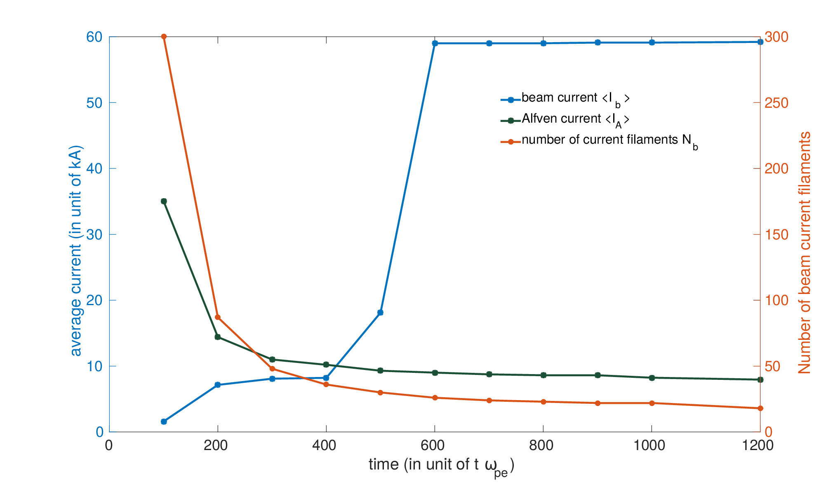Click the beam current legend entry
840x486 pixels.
(x=565, y=99)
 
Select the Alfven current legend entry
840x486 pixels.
(x=565, y=120)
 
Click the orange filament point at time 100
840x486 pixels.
(x=164, y=37)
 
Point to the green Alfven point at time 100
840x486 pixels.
(x=164, y=201)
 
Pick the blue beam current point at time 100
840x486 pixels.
(x=164, y=422)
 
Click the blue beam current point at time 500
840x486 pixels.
(x=380, y=313)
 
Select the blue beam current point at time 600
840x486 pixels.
(x=435, y=43)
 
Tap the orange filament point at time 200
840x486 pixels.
(x=218, y=317)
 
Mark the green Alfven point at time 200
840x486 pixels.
(x=218, y=337)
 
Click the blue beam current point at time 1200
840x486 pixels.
(x=760, y=42)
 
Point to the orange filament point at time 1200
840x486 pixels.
(x=760, y=408)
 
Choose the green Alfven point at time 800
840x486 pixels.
(x=543, y=375)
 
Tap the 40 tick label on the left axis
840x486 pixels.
(x=94, y=168)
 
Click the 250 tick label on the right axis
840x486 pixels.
(x=776, y=103)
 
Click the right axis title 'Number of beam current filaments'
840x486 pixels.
(x=804, y=253)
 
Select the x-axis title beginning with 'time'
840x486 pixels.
(x=442, y=467)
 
